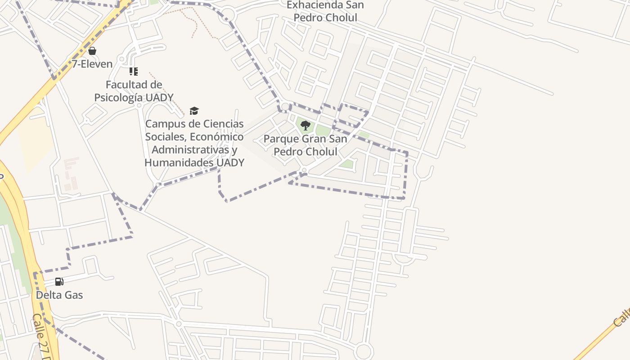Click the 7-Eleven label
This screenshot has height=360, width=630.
point(92,64)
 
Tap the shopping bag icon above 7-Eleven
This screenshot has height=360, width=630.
point(92,51)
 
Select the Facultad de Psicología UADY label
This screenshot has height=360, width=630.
point(134,91)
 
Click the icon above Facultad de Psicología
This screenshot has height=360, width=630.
point(134,72)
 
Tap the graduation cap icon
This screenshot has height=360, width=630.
point(194,111)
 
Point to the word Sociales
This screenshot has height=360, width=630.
point(165,137)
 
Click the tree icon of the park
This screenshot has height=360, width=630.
point(306,126)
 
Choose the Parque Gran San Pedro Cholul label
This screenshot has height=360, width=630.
point(306,145)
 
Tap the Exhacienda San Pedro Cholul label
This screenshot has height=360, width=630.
point(325,11)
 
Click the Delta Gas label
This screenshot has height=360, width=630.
point(59,295)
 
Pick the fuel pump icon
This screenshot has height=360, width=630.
point(59,282)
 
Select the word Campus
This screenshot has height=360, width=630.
point(163,124)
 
